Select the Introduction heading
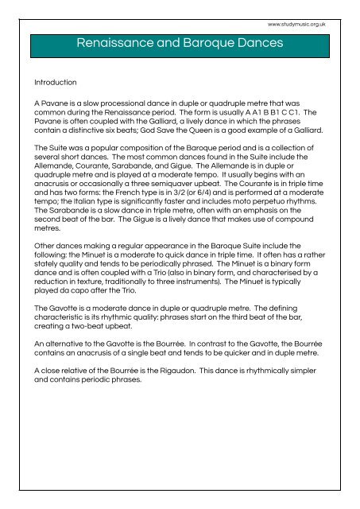pyautogui.click(x=55, y=82)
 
